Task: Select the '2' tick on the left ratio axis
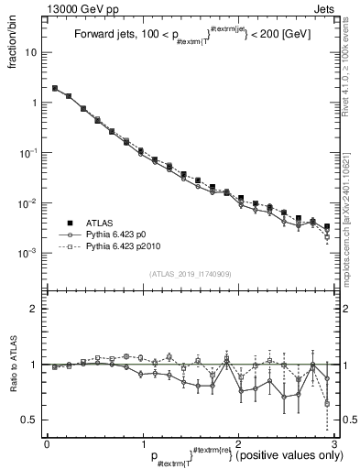(35, 309)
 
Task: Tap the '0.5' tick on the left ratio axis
(30, 420)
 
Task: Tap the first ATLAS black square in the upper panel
(56, 89)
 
